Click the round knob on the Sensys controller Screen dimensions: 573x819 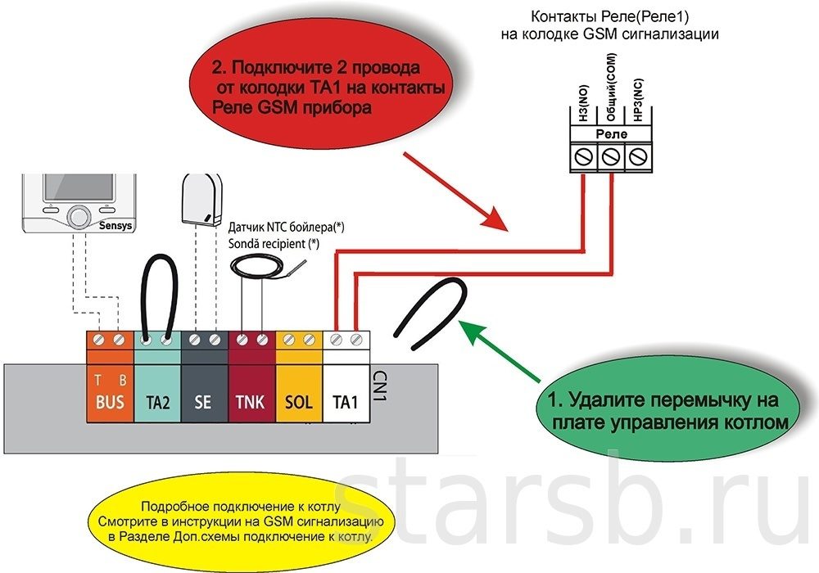click(x=79, y=216)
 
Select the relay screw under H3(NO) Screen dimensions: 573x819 click(x=584, y=155)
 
